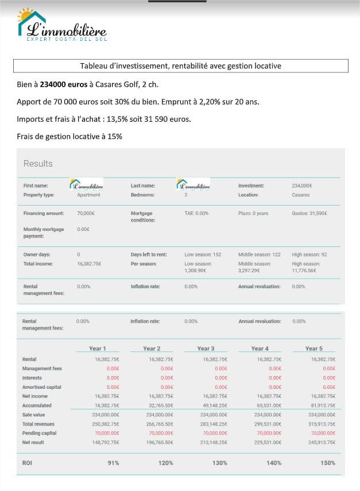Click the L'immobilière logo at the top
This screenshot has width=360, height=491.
(61, 26)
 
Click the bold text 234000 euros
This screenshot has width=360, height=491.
(63, 84)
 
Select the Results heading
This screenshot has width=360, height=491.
(38, 164)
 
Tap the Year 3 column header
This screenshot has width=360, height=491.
(206, 349)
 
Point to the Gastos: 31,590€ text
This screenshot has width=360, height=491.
(309, 213)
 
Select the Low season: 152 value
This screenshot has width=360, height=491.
(203, 254)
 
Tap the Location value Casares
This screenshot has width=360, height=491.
(301, 195)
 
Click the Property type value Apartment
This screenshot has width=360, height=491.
(88, 195)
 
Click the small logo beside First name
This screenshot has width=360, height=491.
(86, 184)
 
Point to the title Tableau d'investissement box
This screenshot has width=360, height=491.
(180, 66)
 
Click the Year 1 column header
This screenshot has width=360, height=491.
(98, 349)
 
